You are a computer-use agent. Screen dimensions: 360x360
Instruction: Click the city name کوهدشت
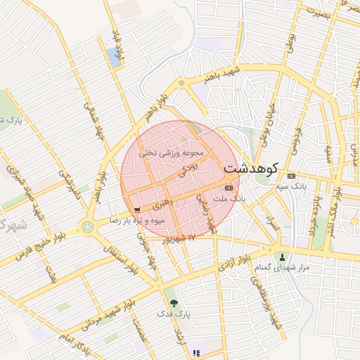coord(250,169)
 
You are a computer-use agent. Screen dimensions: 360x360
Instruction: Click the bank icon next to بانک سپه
coord(291,176)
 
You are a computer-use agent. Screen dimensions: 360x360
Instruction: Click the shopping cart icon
coord(137,210)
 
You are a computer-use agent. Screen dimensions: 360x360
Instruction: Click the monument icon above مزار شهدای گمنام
coord(283,257)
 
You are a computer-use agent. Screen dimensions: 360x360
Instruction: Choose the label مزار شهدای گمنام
coord(283,269)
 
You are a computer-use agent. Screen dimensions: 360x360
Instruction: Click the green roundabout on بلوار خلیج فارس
coord(87,226)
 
